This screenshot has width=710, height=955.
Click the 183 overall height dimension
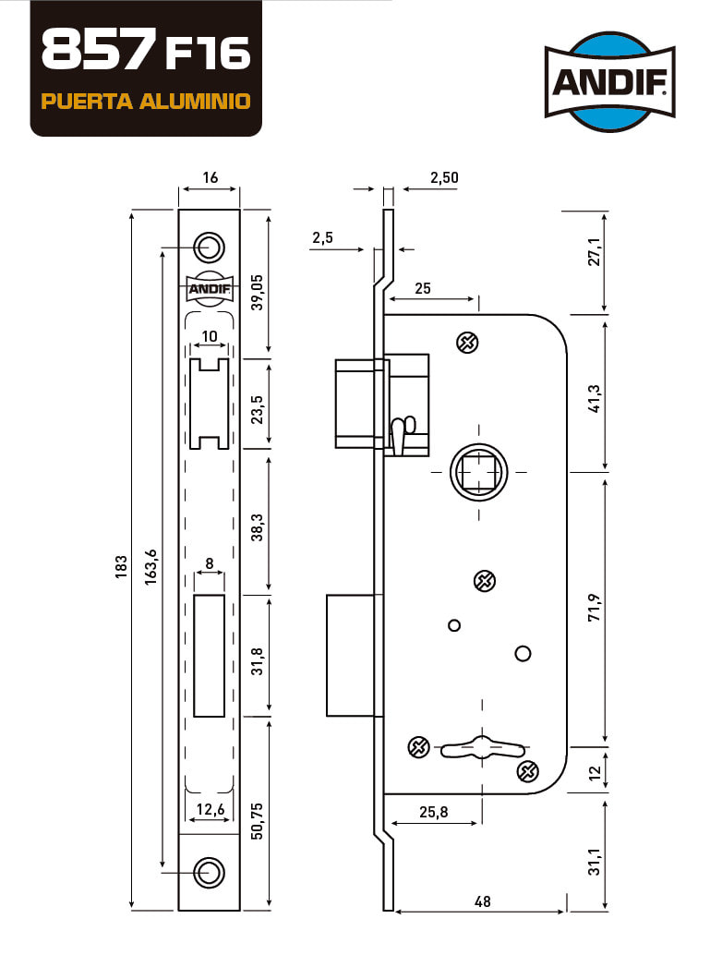tap(121, 567)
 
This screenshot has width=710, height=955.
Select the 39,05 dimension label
tap(258, 293)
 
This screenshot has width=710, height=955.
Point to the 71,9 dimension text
tap(595, 607)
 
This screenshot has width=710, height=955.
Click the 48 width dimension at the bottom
tap(482, 901)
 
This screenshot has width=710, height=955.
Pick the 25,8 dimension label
tap(434, 812)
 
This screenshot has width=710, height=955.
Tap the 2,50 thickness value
tap(444, 177)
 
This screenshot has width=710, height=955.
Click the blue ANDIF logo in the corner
tap(609, 81)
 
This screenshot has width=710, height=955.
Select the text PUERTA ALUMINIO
tap(146, 101)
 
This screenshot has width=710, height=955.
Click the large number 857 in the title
tap(95, 50)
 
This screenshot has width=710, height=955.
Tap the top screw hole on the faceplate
tap(209, 248)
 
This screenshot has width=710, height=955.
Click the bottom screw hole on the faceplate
tap(209, 873)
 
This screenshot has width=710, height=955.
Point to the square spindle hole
tap(479, 472)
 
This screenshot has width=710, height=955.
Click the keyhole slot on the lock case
tap(483, 747)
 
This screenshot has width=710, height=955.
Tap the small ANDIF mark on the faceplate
tap(209, 288)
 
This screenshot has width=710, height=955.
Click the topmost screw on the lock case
tap(467, 343)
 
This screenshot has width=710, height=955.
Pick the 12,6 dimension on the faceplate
tap(211, 809)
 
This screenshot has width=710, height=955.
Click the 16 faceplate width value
tap(211, 177)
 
